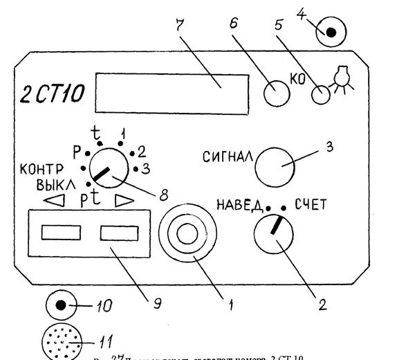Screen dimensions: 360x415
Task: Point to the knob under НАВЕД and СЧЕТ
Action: (x=273, y=234)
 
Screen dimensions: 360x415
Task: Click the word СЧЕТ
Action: (x=315, y=204)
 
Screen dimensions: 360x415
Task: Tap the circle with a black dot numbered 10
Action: (x=60, y=305)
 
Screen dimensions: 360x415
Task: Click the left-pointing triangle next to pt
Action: (x=53, y=203)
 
